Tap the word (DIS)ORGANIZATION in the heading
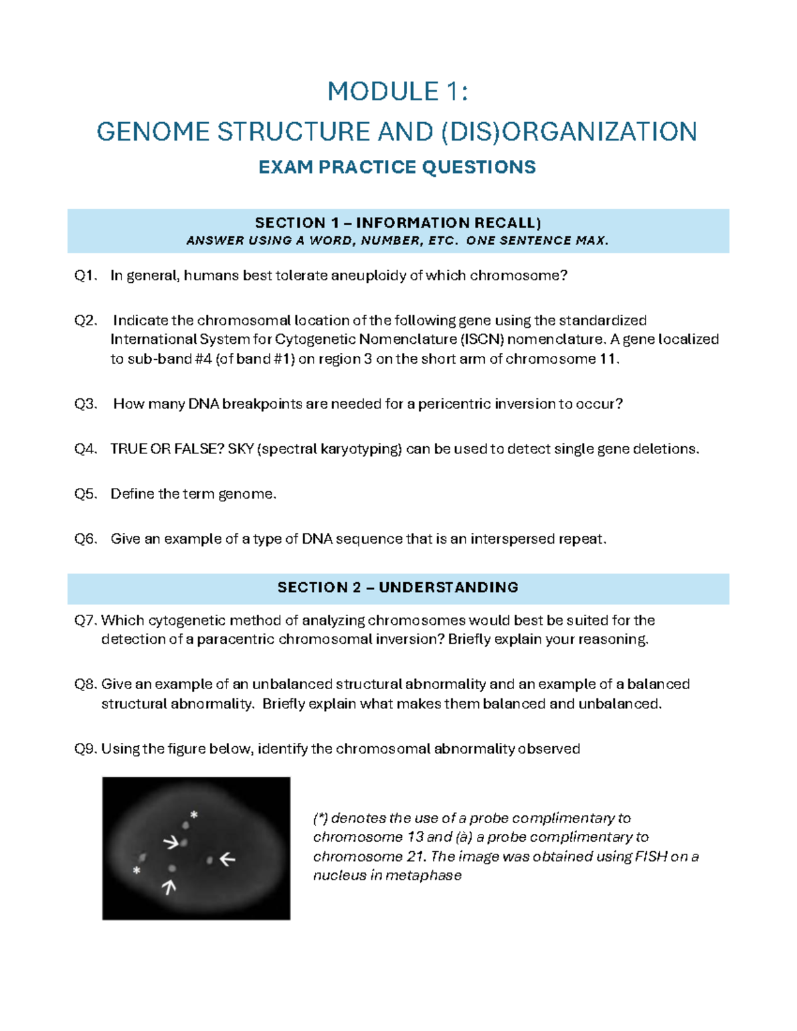[x=569, y=131]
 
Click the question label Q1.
[x=86, y=276]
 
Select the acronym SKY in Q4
[x=240, y=449]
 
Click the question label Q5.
[x=86, y=494]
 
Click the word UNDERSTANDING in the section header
[x=448, y=588]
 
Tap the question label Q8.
[x=86, y=684]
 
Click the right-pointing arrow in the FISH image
[x=171, y=842]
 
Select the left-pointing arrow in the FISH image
[x=228, y=859]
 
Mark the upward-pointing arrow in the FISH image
[x=169, y=886]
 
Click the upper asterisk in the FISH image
[x=194, y=815]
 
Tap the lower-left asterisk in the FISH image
[x=137, y=870]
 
